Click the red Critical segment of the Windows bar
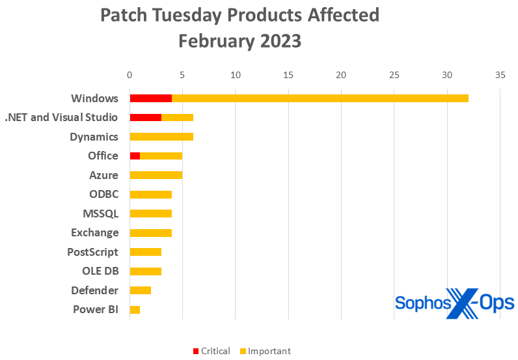150,98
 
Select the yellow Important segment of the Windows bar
320,98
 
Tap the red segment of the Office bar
135,156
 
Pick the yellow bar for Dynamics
161,137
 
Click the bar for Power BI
135,309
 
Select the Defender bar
140,290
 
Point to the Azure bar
156,175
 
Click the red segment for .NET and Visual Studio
145,118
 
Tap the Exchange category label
94,232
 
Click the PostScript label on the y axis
92,252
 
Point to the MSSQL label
100,214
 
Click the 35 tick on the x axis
499,74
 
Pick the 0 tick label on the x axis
129,74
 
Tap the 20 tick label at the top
341,74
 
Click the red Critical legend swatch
195,352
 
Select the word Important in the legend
269,352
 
